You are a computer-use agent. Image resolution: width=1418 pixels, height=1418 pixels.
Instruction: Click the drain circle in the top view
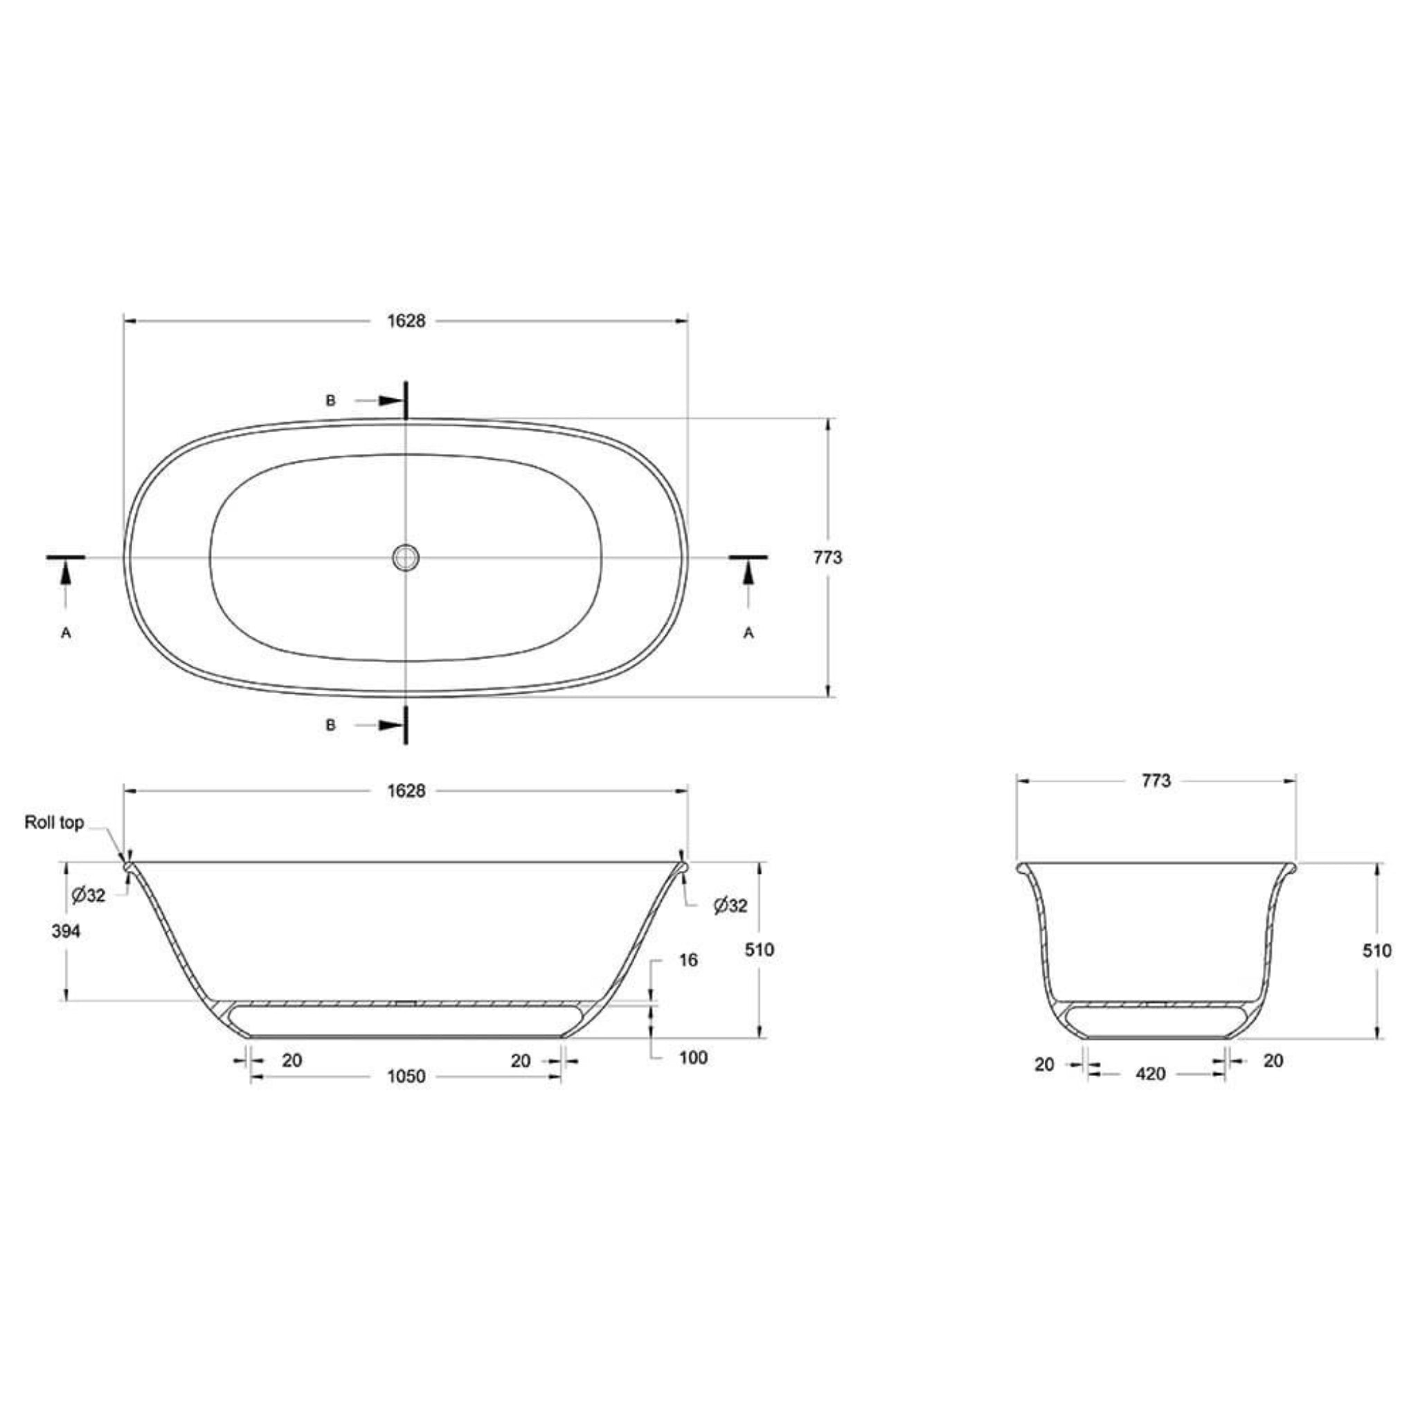coord(405,557)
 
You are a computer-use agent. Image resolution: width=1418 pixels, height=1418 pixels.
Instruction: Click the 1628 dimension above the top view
coord(406,321)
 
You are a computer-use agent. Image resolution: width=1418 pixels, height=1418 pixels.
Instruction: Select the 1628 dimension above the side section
coord(406,791)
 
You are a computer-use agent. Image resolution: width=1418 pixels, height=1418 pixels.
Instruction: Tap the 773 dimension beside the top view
coord(827,558)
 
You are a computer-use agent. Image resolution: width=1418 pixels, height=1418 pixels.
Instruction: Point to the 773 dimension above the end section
coord(1156,781)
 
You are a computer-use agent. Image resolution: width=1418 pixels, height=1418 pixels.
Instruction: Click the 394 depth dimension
coord(66,931)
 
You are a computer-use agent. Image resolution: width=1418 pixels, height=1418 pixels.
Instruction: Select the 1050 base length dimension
coord(406,1076)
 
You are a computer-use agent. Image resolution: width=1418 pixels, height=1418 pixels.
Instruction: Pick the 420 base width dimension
coord(1150,1074)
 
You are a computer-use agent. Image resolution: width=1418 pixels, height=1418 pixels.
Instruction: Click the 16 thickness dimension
coord(688,960)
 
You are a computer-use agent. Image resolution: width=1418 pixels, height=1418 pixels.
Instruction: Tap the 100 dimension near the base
coord(693,1058)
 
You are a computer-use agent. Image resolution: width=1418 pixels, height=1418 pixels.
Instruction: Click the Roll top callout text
coord(54,823)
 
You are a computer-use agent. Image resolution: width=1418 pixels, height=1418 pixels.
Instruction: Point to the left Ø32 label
coord(89,895)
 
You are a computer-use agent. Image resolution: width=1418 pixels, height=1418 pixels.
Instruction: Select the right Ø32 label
coord(730,906)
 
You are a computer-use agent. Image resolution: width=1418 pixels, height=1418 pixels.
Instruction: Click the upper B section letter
coord(331,401)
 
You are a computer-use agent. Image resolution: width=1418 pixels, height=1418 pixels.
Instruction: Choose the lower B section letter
coord(331,725)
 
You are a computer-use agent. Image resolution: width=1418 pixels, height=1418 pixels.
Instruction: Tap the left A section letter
coord(66,633)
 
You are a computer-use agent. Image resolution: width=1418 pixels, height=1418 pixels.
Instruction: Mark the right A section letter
coord(748,633)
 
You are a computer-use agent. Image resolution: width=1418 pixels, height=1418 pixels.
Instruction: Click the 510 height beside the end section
coord(1376,951)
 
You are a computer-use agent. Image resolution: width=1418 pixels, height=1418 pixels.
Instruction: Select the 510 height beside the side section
coord(759,950)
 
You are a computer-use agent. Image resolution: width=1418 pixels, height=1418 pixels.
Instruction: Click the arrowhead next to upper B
coord(391,401)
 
